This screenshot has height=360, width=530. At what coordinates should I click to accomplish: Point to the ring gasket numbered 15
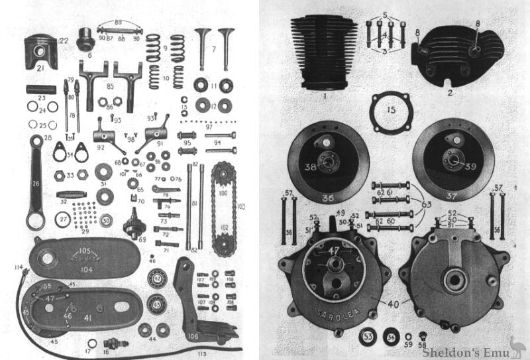click(392, 106)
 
